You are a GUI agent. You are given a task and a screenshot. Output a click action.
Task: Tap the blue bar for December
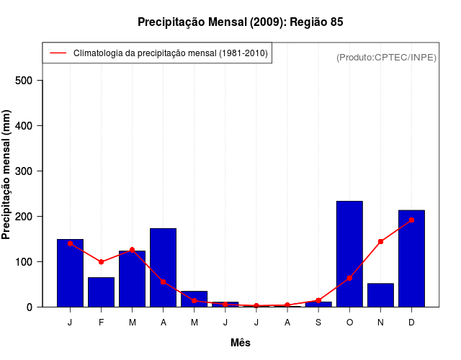point(411,258)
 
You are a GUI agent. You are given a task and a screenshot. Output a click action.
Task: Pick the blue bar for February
point(101,292)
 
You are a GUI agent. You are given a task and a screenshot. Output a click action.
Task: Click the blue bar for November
point(380,295)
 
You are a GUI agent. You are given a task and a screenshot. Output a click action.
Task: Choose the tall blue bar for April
point(163,267)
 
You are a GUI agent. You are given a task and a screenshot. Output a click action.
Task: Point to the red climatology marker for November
point(380,242)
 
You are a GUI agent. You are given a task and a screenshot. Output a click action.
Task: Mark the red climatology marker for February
point(101,262)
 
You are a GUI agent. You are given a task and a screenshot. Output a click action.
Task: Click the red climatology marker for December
point(411,220)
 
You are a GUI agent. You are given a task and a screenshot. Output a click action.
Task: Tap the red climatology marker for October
point(349,278)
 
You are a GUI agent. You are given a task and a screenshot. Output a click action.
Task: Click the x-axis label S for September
point(318,323)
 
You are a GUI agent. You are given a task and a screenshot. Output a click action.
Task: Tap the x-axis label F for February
point(101,323)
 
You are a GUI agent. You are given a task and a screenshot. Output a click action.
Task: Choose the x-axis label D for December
point(411,323)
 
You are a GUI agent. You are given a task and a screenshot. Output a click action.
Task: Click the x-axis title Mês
point(240,343)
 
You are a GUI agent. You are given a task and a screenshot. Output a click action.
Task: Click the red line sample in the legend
point(58,53)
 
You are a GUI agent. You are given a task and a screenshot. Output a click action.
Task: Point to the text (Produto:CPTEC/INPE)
point(386,57)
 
